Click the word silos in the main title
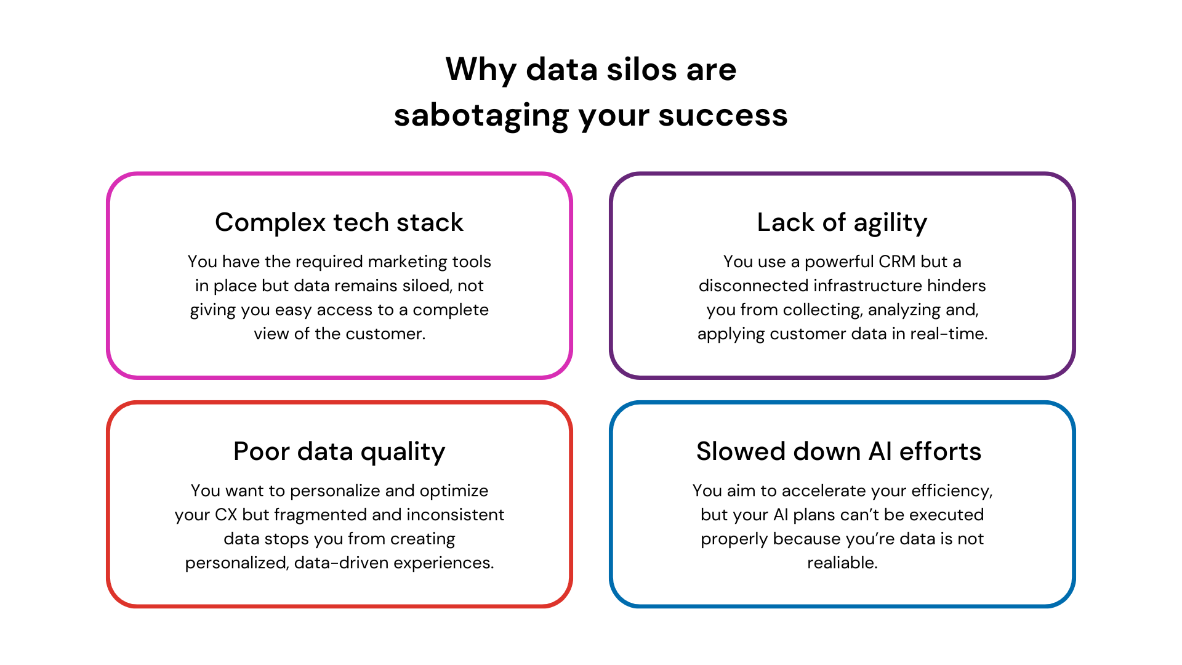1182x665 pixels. click(x=641, y=69)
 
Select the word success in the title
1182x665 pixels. click(x=723, y=116)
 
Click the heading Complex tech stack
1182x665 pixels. click(x=339, y=222)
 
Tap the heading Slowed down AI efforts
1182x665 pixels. click(x=838, y=451)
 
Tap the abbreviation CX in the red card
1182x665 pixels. click(x=226, y=515)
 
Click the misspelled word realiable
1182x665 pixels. click(x=842, y=563)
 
